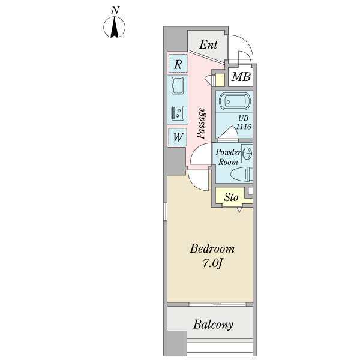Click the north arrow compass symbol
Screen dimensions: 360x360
click(x=115, y=28)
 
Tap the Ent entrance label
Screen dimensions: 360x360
click(x=208, y=44)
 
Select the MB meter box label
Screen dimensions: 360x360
click(x=241, y=77)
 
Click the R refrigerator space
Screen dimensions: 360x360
click(x=178, y=64)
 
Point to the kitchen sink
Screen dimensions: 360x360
click(x=178, y=86)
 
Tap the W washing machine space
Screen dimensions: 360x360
click(x=178, y=137)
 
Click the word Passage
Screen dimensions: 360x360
click(x=202, y=124)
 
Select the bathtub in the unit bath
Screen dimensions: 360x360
click(x=234, y=101)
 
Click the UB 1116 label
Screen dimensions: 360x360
click(x=244, y=123)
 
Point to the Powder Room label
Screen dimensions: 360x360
click(x=229, y=157)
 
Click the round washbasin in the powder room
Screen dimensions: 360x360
click(x=247, y=154)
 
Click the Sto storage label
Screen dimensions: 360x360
click(x=231, y=197)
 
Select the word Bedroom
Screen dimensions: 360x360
click(x=212, y=249)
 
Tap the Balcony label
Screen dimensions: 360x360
click(x=213, y=325)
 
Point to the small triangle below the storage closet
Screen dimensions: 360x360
click(x=239, y=210)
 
